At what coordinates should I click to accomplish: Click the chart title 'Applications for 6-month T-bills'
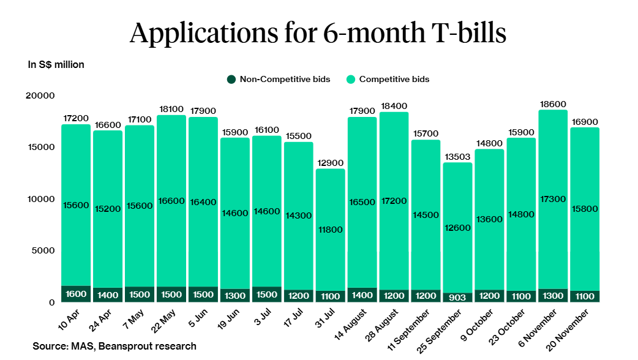pos(318,32)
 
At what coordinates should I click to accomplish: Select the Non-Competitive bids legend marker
pos(231,79)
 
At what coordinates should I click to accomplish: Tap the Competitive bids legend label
pos(394,79)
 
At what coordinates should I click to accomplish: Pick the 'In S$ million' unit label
pos(56,64)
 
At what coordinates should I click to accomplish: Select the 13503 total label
pos(457,157)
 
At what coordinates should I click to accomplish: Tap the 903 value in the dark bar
pos(457,298)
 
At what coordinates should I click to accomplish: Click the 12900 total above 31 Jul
pos(330,163)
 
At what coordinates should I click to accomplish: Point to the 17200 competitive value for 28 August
pos(394,201)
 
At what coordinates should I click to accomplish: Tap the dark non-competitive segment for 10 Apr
pos(76,294)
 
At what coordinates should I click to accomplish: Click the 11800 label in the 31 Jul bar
pos(330,230)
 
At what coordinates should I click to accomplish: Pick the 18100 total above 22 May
pos(171,110)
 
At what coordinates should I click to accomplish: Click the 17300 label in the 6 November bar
pos(553,200)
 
